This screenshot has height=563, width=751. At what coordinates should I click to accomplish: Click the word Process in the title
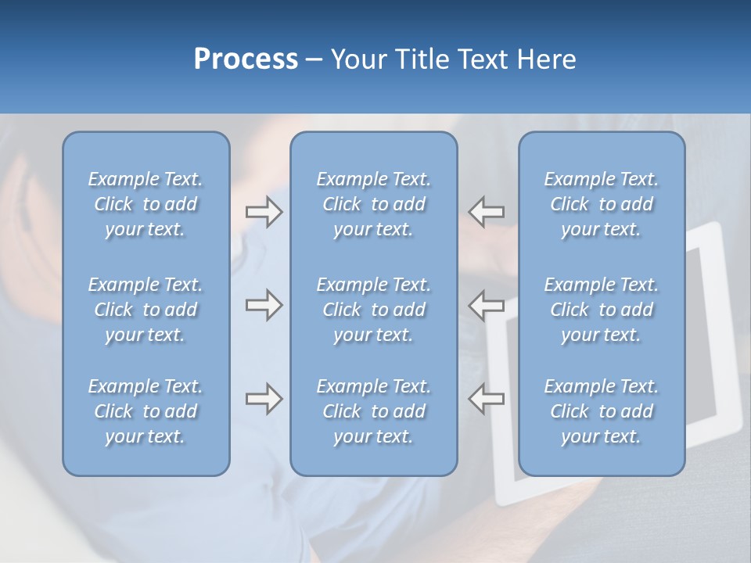point(246,59)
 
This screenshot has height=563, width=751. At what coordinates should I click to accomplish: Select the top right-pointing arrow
point(264,212)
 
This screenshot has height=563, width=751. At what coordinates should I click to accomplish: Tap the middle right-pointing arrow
point(264,305)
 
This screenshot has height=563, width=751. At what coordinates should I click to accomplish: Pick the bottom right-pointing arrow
point(264,399)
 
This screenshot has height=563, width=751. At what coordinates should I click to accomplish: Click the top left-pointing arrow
point(486,212)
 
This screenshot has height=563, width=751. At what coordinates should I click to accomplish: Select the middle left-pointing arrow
point(486,305)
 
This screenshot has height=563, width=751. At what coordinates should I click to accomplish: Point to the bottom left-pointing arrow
point(486,399)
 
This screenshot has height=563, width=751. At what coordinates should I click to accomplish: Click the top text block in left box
point(146,204)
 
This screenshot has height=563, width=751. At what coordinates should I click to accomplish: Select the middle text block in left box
point(146,310)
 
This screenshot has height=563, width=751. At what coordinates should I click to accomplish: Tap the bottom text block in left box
point(146,411)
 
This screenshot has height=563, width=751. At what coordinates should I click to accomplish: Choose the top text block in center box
point(373,204)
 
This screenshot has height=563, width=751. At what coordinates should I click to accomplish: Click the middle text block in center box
point(373,310)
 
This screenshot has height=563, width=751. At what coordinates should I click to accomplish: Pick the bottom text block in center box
point(373,411)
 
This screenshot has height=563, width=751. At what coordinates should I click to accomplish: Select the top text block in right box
point(601,204)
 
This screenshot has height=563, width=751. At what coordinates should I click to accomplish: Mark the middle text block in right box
point(601,310)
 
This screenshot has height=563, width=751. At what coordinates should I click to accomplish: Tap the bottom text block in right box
point(601,411)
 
